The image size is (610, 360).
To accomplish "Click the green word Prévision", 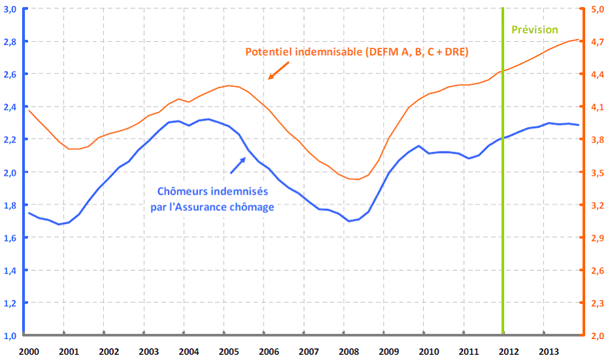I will pyautogui.click(x=534, y=29).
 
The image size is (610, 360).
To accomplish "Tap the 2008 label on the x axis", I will pyautogui.click(x=348, y=351).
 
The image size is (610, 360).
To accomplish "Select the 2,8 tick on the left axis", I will pyautogui.click(x=10, y=41).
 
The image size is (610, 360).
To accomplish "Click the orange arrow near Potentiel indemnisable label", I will pyautogui.click(x=275, y=73).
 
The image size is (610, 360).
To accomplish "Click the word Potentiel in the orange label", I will pyautogui.click(x=267, y=52).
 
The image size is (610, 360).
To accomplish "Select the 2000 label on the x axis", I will pyautogui.click(x=29, y=351).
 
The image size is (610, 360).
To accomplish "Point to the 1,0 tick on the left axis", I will pyautogui.click(x=10, y=336).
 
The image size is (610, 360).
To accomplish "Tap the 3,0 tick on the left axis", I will pyautogui.click(x=10, y=9).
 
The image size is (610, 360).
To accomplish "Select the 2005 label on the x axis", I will pyautogui.click(x=229, y=351).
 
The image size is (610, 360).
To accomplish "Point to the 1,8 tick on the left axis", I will pyautogui.click(x=10, y=205).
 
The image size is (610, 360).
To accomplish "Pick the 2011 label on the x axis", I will pyautogui.click(x=468, y=351).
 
